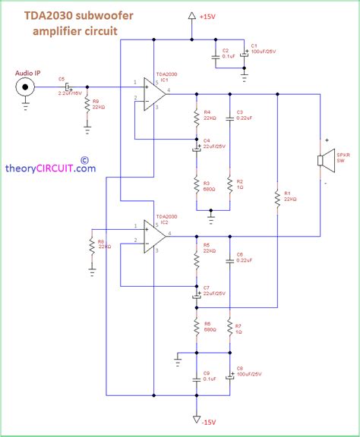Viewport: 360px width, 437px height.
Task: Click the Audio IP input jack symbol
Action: [27, 87]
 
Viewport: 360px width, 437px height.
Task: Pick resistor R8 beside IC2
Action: [91, 247]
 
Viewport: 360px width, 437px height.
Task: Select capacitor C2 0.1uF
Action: [216, 55]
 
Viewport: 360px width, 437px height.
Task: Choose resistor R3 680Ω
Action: [196, 187]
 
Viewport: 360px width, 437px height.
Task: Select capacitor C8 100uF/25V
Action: [229, 376]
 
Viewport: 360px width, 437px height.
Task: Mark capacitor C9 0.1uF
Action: [196, 376]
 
